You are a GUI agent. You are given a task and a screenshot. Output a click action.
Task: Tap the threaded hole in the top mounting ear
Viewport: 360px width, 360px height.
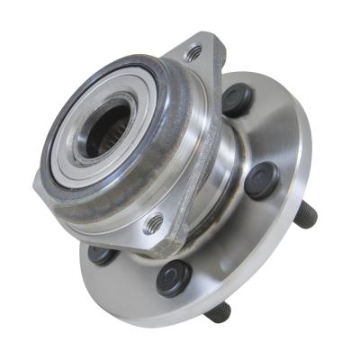[192, 53]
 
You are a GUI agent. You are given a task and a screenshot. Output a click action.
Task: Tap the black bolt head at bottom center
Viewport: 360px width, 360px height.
[173, 279]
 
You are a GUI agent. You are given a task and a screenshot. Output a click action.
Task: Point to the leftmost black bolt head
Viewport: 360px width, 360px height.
[102, 255]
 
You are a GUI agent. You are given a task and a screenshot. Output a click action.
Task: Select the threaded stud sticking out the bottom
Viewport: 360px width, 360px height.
[216, 310]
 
